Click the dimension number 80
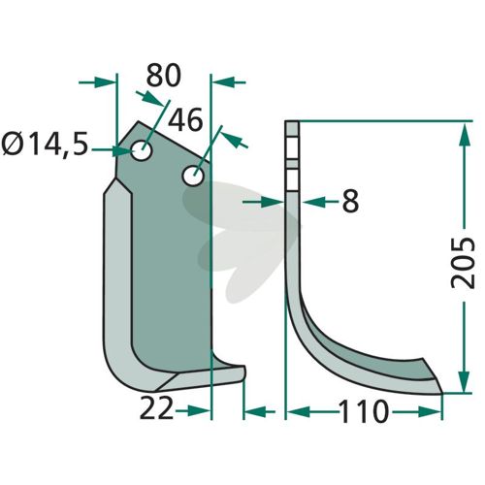tap(164, 76)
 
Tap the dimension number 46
tap(185, 120)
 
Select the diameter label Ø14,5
tap(45, 145)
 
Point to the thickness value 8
tap(350, 201)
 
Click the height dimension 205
tap(463, 262)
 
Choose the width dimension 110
tap(363, 411)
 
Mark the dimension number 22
tap(156, 409)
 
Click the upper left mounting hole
tap(142, 150)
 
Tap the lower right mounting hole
tap(193, 176)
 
